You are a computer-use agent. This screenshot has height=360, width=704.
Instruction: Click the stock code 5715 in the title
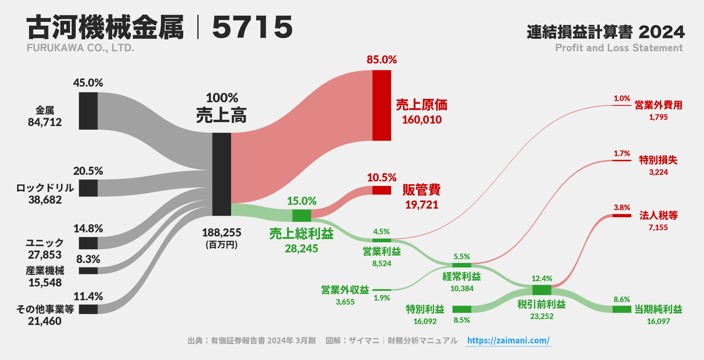coord(252,28)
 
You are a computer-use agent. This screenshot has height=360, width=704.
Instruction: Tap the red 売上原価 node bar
coord(382,105)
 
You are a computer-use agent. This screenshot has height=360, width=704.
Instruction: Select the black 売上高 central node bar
coord(222,174)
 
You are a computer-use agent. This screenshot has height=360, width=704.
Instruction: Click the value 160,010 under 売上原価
coord(422,120)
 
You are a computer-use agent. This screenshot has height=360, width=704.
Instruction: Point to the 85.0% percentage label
coord(382,59)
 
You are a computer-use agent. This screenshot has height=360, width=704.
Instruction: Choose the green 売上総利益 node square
coord(302,215)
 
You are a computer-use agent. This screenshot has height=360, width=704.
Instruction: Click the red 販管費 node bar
coord(382,190)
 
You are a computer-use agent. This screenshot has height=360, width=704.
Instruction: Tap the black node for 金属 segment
coord(88,111)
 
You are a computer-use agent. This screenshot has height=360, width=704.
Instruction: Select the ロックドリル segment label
coord(45,188)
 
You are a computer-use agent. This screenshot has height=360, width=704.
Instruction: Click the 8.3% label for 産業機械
coord(88,259)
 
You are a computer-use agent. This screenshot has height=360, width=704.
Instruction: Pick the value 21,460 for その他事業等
coord(45,321)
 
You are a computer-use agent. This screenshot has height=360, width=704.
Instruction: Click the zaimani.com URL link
coord(508,340)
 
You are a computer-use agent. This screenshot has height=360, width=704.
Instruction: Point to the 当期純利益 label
coord(658,309)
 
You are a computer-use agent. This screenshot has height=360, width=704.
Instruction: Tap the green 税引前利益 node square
coord(542,290)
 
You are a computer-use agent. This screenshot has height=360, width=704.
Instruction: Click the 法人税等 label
coord(658,215)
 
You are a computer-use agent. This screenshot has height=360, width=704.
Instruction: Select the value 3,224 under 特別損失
coord(658,172)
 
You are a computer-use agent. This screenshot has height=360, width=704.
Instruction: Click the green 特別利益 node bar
coord(462,309)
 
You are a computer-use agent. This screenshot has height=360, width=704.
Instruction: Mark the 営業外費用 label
coord(658,105)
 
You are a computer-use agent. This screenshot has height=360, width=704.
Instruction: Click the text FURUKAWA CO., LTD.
coord(80,48)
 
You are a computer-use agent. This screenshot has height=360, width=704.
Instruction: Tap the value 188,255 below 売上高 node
coord(222,233)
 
